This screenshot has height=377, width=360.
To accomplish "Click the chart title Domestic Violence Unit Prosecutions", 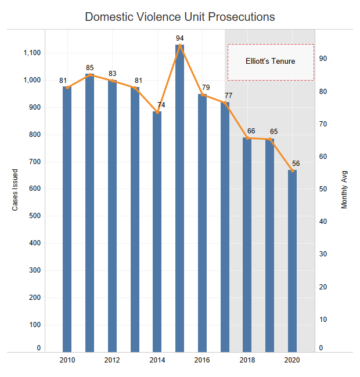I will (180, 16).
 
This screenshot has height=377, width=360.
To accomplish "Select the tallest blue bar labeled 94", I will (180, 197).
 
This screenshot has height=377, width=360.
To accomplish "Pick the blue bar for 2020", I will (293, 261).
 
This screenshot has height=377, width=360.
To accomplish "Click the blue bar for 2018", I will (247, 244).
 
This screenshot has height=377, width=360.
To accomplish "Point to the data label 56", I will (296, 164).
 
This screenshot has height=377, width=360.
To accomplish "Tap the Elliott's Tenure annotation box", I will (271, 61).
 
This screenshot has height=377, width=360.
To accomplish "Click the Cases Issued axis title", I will (16, 190).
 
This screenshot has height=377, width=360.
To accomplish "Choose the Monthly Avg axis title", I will (344, 190).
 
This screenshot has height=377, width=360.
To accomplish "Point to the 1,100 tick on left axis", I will (31, 53).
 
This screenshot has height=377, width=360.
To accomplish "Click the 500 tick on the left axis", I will (35, 216).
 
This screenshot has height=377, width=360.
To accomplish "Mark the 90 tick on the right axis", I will (322, 59).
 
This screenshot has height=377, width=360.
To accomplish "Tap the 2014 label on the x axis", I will (157, 360).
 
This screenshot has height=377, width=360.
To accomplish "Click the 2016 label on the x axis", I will (202, 360).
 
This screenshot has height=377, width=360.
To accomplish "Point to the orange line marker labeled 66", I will (247, 138).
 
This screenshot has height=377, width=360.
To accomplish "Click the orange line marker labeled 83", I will (112, 81).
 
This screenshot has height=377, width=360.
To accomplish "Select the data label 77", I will (228, 95).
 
